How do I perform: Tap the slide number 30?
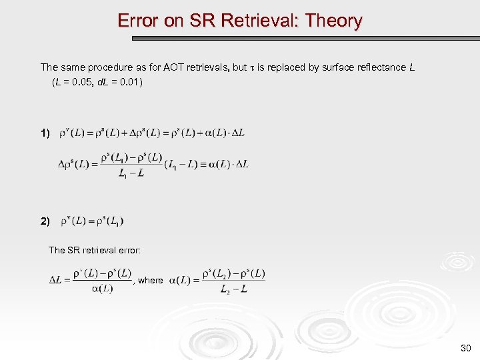[465, 349]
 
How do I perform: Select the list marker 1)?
[45, 133]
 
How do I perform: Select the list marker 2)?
[45, 222]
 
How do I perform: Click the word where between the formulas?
[151, 281]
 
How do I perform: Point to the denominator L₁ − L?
[132, 173]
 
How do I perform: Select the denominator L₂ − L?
[234, 289]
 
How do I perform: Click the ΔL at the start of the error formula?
[56, 281]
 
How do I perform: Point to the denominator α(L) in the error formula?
[101, 289]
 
